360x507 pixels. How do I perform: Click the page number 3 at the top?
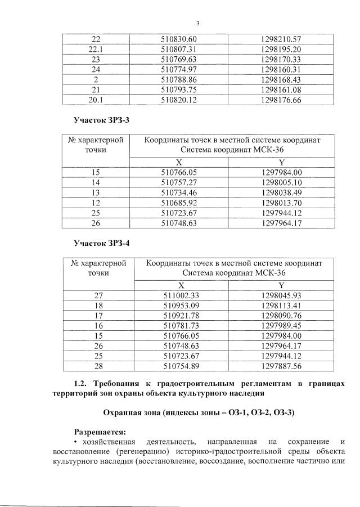198,23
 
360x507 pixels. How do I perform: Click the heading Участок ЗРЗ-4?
102,243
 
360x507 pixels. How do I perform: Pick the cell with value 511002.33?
181,295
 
